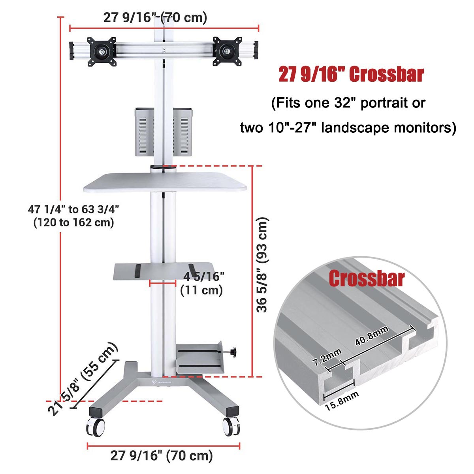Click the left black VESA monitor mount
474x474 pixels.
102,51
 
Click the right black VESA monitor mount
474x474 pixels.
227,51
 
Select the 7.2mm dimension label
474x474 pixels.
327,356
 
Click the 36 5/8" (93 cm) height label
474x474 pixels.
263,264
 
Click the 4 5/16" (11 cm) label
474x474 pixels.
202,283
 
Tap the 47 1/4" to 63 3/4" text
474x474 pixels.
74,209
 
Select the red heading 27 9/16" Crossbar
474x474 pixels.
351,75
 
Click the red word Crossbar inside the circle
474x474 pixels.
367,278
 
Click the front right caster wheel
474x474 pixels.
231,427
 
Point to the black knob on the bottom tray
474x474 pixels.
234,351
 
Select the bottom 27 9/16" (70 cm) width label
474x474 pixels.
162,455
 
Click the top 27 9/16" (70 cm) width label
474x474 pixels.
155,18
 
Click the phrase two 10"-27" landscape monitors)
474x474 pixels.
348,128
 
